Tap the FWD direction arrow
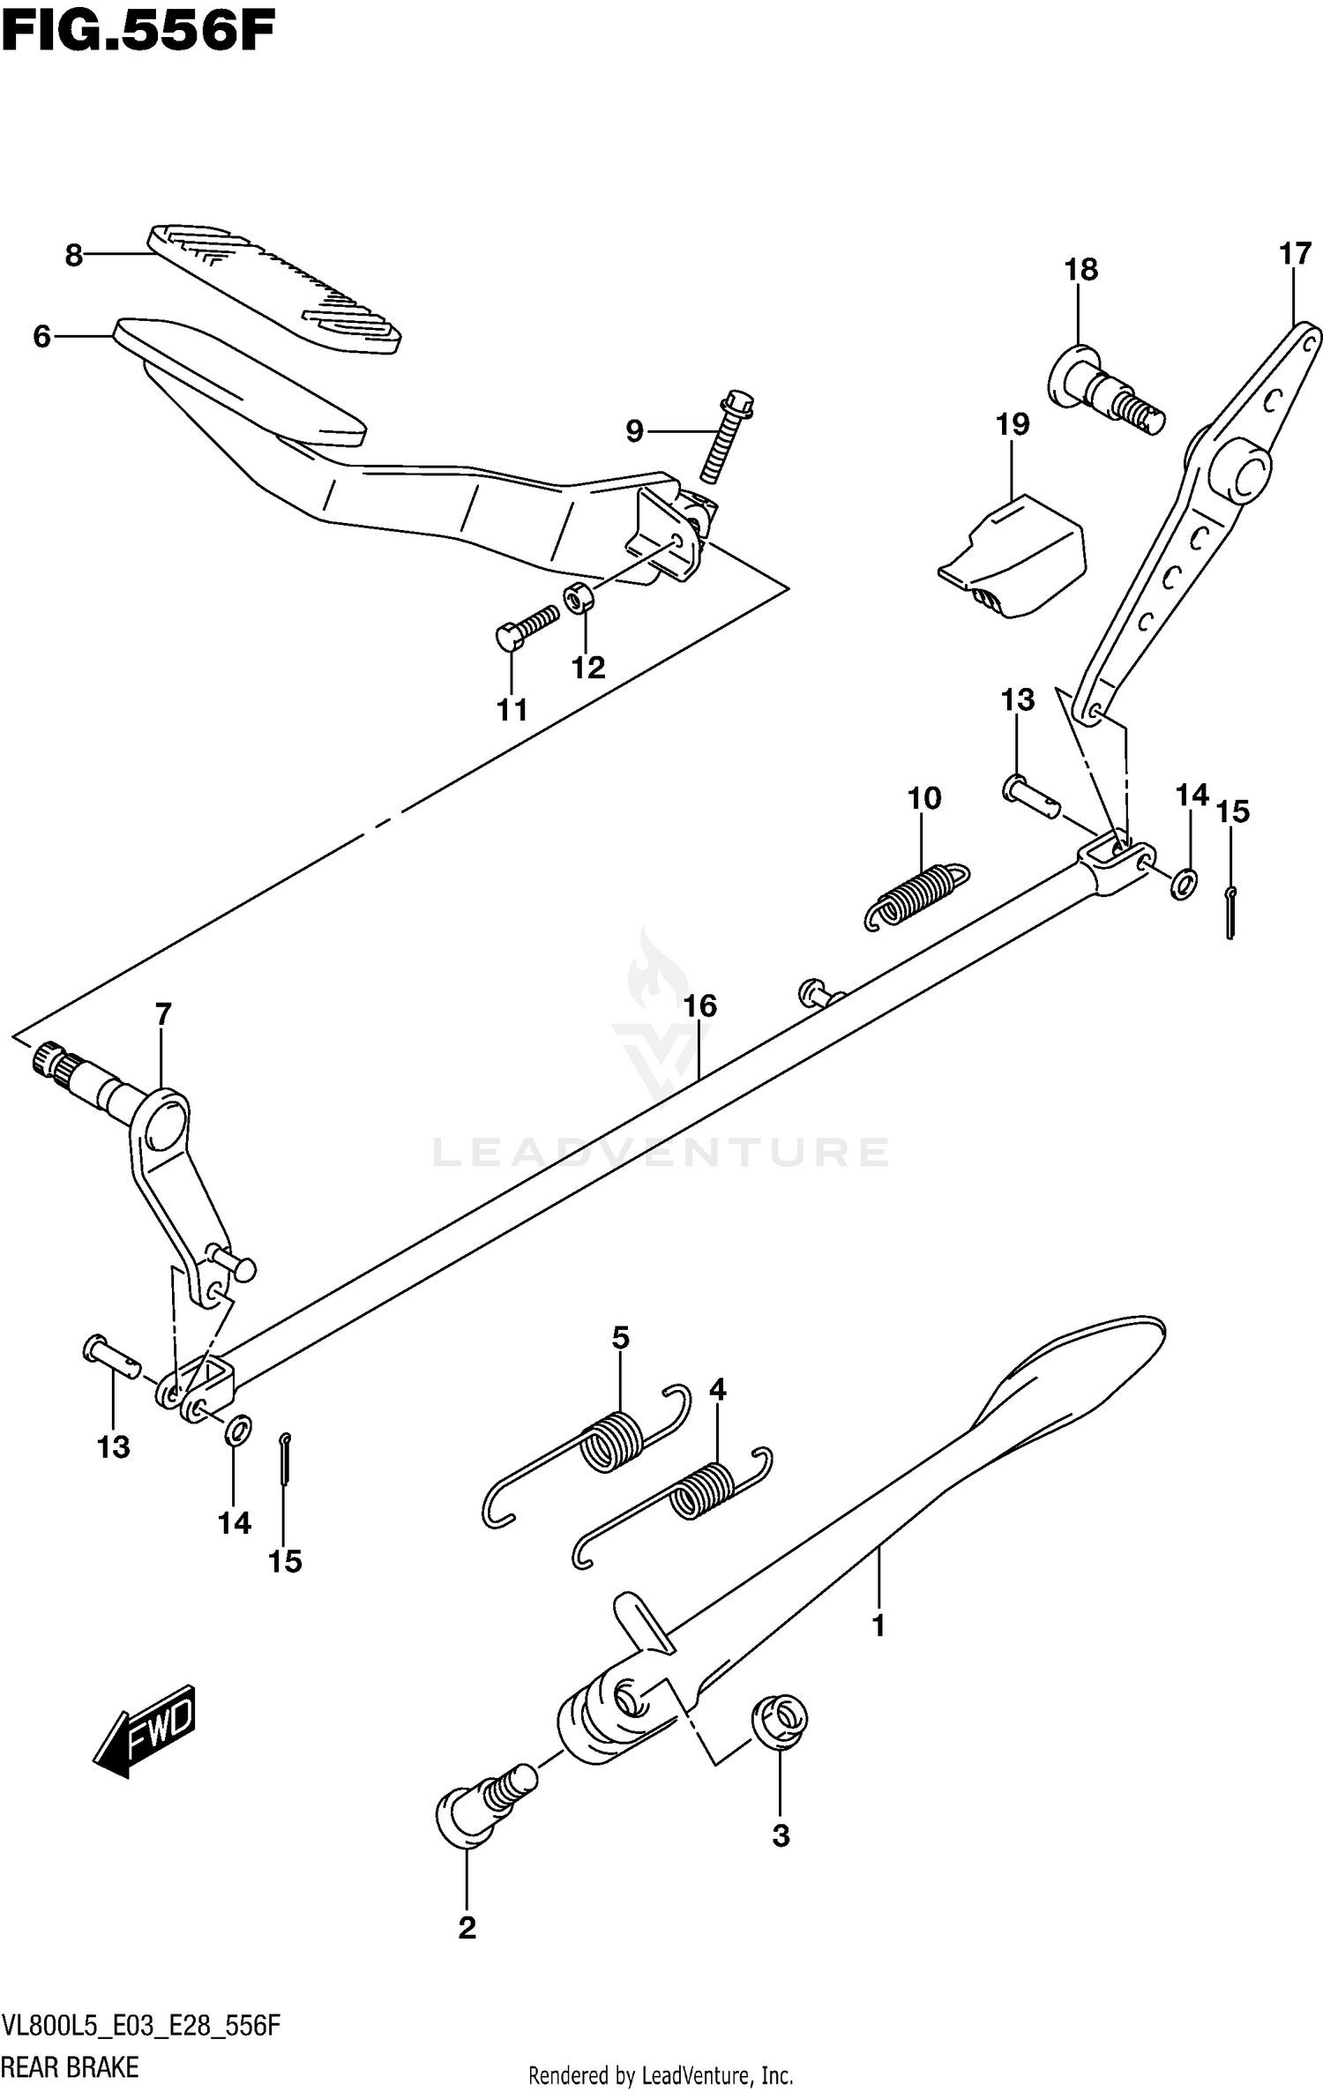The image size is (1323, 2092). (145, 1735)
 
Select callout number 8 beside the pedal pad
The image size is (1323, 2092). (74, 256)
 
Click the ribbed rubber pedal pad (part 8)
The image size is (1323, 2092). (273, 289)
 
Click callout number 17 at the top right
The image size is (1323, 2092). (1294, 254)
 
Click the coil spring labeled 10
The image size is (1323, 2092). (917, 895)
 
